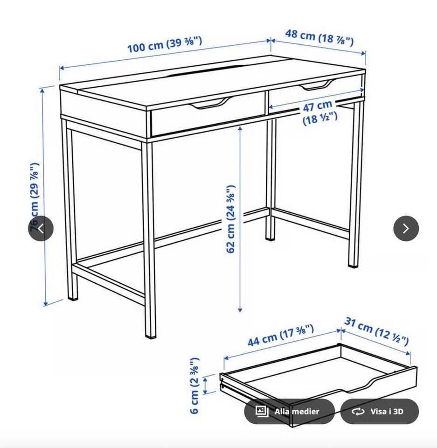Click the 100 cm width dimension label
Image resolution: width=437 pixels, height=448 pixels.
click(x=165, y=45)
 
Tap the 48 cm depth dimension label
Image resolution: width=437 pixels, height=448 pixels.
click(x=319, y=37)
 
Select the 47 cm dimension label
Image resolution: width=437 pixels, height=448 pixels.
click(x=319, y=112)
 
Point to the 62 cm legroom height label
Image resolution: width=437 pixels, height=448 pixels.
click(x=231, y=219)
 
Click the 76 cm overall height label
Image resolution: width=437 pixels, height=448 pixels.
click(x=34, y=197)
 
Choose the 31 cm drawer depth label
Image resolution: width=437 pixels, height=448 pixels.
click(x=376, y=331)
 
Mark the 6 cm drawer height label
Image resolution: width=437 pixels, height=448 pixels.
click(x=194, y=385)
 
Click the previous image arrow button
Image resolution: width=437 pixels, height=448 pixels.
click(x=41, y=229)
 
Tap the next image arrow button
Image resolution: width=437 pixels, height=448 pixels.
click(x=406, y=229)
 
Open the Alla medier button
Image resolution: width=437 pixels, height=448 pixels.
click(x=289, y=412)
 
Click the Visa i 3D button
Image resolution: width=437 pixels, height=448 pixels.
click(x=380, y=412)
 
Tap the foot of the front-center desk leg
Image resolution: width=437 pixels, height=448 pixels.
click(x=151, y=336)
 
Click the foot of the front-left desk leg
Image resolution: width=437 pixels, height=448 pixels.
click(x=73, y=298)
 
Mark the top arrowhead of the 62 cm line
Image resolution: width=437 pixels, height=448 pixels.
click(x=240, y=129)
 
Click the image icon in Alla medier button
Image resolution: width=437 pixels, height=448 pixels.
click(x=262, y=412)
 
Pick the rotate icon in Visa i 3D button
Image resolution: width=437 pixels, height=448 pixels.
click(x=358, y=412)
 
